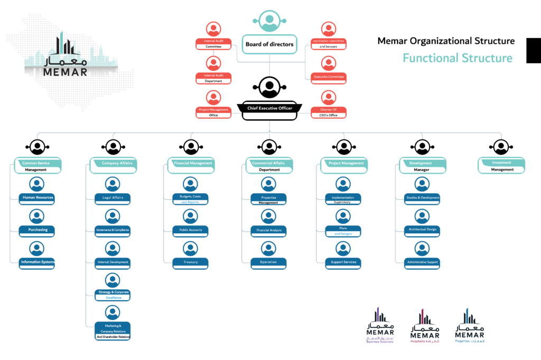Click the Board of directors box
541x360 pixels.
pyautogui.click(x=269, y=44)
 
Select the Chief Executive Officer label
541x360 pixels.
pyautogui.click(x=269, y=109)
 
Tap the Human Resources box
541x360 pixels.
pyautogui.click(x=37, y=199)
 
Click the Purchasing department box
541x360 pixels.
pyautogui.click(x=37, y=231)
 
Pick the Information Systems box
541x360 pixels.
pyautogui.click(x=37, y=262)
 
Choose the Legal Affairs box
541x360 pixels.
pyautogui.click(x=113, y=199)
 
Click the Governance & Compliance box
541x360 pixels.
pyautogui.click(x=113, y=231)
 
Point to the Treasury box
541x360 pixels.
pyautogui.click(x=190, y=262)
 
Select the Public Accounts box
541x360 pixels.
pyautogui.click(x=190, y=231)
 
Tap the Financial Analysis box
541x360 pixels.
pyautogui.click(x=268, y=231)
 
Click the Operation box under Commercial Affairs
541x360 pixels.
pyautogui.click(x=268, y=262)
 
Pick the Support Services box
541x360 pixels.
pyautogui.click(x=343, y=262)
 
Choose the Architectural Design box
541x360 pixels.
pyautogui.click(x=422, y=230)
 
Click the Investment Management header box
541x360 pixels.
pyautogui.click(x=502, y=166)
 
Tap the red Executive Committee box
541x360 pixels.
pyautogui.click(x=329, y=77)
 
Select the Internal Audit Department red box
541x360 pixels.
pyautogui.click(x=213, y=78)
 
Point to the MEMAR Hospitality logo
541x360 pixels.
pyautogui.click(x=425, y=327)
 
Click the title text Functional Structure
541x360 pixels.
pyautogui.click(x=458, y=58)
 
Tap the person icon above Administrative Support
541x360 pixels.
pyautogui.click(x=422, y=248)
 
